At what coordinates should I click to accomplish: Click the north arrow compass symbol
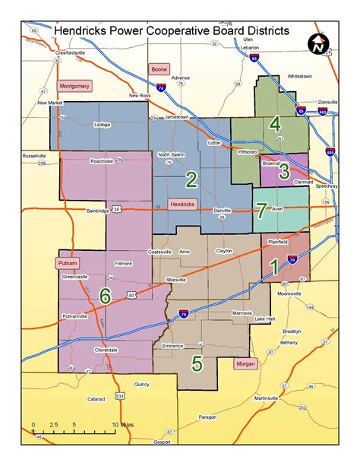click(319, 46)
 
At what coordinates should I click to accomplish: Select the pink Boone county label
click(159, 69)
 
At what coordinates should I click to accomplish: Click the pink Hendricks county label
click(182, 204)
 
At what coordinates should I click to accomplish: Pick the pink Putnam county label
click(67, 263)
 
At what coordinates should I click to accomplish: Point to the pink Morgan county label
click(246, 364)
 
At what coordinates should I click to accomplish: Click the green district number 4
click(274, 123)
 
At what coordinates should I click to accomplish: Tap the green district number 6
click(105, 295)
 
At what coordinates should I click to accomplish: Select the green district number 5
click(197, 363)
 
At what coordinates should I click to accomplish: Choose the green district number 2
click(191, 179)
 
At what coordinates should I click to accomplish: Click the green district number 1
click(273, 266)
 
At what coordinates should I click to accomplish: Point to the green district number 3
click(283, 170)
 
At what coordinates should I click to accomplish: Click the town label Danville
click(222, 210)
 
